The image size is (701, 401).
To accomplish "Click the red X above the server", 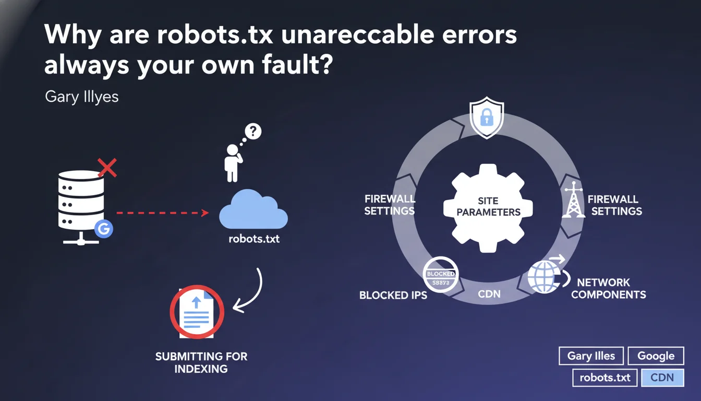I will click(107, 168).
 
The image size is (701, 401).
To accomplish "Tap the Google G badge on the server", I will click(104, 229).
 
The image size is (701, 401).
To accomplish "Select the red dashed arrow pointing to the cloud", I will click(162, 213).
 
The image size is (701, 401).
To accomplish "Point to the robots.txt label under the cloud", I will click(254, 241).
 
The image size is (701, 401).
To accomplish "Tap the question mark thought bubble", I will click(252, 132).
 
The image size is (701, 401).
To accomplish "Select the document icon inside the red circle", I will click(197, 312).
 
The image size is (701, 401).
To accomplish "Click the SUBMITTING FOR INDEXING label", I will click(201, 362).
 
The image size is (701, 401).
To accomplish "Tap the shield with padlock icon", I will click(487, 120).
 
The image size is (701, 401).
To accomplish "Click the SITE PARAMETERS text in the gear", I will click(488, 207).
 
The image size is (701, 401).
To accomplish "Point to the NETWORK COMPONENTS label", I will click(608, 288).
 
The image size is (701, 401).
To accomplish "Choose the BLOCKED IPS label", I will click(393, 295).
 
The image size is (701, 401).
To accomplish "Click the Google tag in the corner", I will click(656, 356).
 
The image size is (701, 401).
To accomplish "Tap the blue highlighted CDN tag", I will click(662, 377).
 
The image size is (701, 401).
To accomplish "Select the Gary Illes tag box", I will click(591, 356).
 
